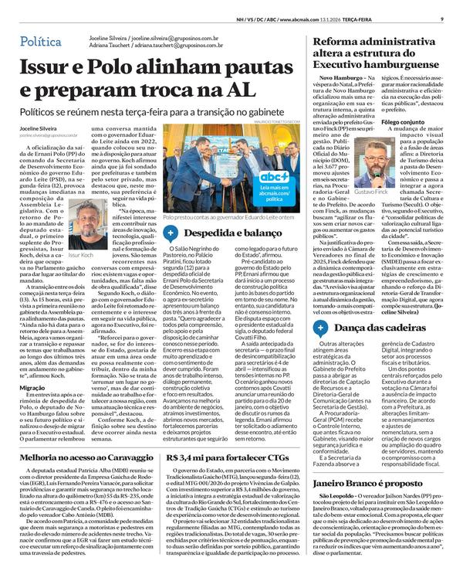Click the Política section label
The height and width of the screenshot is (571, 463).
43,40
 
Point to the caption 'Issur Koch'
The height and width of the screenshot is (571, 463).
80,253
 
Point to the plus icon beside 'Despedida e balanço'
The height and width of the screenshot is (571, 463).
175,233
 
